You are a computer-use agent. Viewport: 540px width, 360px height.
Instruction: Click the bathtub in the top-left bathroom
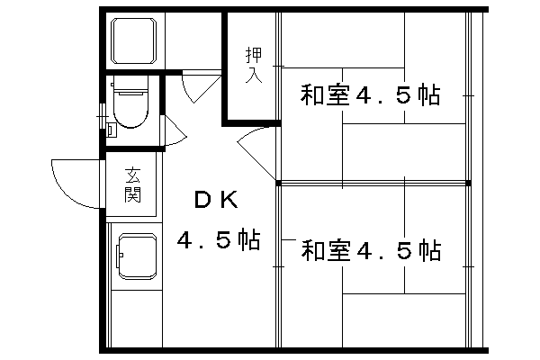pos(134,40)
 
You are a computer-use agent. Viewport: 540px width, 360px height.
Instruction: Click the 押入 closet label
pos(253,66)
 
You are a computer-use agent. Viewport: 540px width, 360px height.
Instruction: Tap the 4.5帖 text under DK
pos(218,241)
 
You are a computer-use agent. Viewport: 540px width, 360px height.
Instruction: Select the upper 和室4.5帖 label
pos(370,94)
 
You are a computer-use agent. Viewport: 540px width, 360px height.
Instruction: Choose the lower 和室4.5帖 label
pos(370,249)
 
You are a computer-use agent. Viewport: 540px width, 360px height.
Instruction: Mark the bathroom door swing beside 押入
pos(198,85)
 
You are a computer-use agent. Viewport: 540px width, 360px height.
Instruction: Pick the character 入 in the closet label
pos(253,76)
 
